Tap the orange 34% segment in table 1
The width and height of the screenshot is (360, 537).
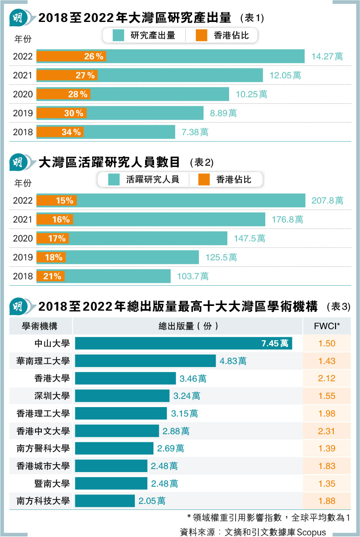click(x=60, y=132)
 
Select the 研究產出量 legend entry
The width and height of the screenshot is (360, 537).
click(x=144, y=35)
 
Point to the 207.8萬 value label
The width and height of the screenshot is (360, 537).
click(x=327, y=201)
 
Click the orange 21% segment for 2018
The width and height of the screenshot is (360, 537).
click(x=50, y=276)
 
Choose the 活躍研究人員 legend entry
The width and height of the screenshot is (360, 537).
click(x=144, y=179)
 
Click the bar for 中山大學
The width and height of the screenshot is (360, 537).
click(x=183, y=343)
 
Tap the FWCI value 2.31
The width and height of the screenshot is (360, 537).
click(x=327, y=431)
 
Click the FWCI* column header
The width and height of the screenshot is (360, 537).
click(x=327, y=326)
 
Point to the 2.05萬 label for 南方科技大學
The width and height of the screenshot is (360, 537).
click(x=152, y=501)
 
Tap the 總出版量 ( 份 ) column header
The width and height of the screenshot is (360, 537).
click(x=188, y=326)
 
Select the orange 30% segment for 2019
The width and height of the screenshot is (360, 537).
click(x=62, y=113)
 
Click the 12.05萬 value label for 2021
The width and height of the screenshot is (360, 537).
click(x=285, y=75)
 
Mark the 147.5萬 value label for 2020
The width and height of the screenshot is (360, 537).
click(x=249, y=238)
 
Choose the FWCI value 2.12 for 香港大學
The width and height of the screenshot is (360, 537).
click(x=327, y=378)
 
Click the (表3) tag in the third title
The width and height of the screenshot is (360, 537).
click(x=339, y=307)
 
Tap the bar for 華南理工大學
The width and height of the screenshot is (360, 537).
click(x=145, y=361)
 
